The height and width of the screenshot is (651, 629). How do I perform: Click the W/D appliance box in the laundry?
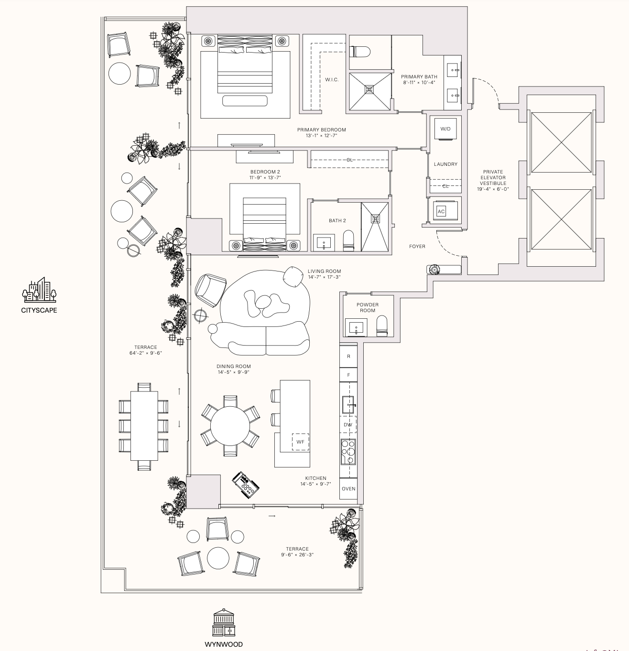[x=445, y=129]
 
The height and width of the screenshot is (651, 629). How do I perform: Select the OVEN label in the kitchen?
[x=348, y=488]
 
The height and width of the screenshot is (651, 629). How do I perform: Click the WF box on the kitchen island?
[x=300, y=442]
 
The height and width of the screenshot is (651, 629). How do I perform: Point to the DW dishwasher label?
[x=348, y=424]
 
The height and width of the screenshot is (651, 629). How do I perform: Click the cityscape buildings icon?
[x=39, y=290]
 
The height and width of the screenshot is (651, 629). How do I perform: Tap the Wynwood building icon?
[x=224, y=623]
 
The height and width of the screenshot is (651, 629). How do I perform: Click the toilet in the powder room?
[x=382, y=327]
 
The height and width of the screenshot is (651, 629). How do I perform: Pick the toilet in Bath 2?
[x=348, y=241]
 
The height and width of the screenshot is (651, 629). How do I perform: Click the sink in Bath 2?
[x=324, y=242]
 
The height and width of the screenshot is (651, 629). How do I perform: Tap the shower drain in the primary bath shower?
[x=369, y=89]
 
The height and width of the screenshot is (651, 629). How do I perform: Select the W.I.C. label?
[x=332, y=80]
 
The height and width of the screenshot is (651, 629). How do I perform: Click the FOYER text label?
[x=417, y=247]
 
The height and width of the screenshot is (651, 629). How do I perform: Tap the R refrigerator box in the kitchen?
[x=348, y=357]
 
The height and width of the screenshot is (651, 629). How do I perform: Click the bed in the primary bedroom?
[x=245, y=65]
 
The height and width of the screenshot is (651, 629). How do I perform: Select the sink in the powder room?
[x=356, y=328]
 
